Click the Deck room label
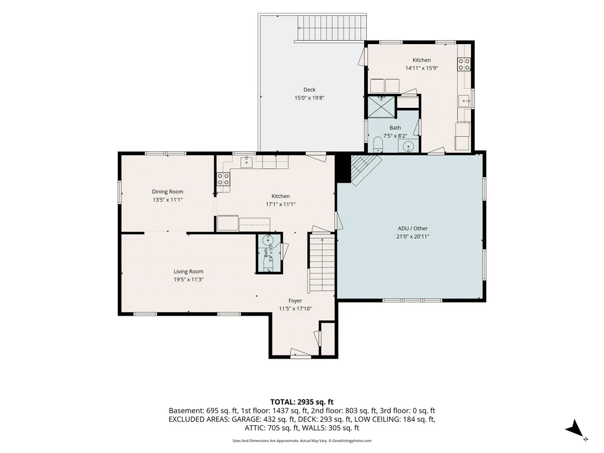click(x=309, y=90)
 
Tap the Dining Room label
click(x=167, y=191)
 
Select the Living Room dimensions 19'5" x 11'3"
click(x=189, y=280)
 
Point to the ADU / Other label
click(x=413, y=228)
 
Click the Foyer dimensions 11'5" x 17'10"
click(x=295, y=309)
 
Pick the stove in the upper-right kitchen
click(x=464, y=64)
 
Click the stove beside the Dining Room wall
click(x=224, y=179)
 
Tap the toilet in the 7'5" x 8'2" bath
click(x=377, y=145)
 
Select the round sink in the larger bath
click(x=408, y=146)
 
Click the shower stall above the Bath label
click(x=382, y=107)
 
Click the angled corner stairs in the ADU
click(x=364, y=169)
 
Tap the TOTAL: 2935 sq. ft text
click(x=301, y=402)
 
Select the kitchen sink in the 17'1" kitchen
click(x=246, y=162)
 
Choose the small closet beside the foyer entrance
click(x=328, y=339)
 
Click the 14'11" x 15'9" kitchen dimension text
click(x=421, y=68)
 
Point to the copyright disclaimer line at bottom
click(x=301, y=440)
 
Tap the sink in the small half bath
click(x=267, y=240)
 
